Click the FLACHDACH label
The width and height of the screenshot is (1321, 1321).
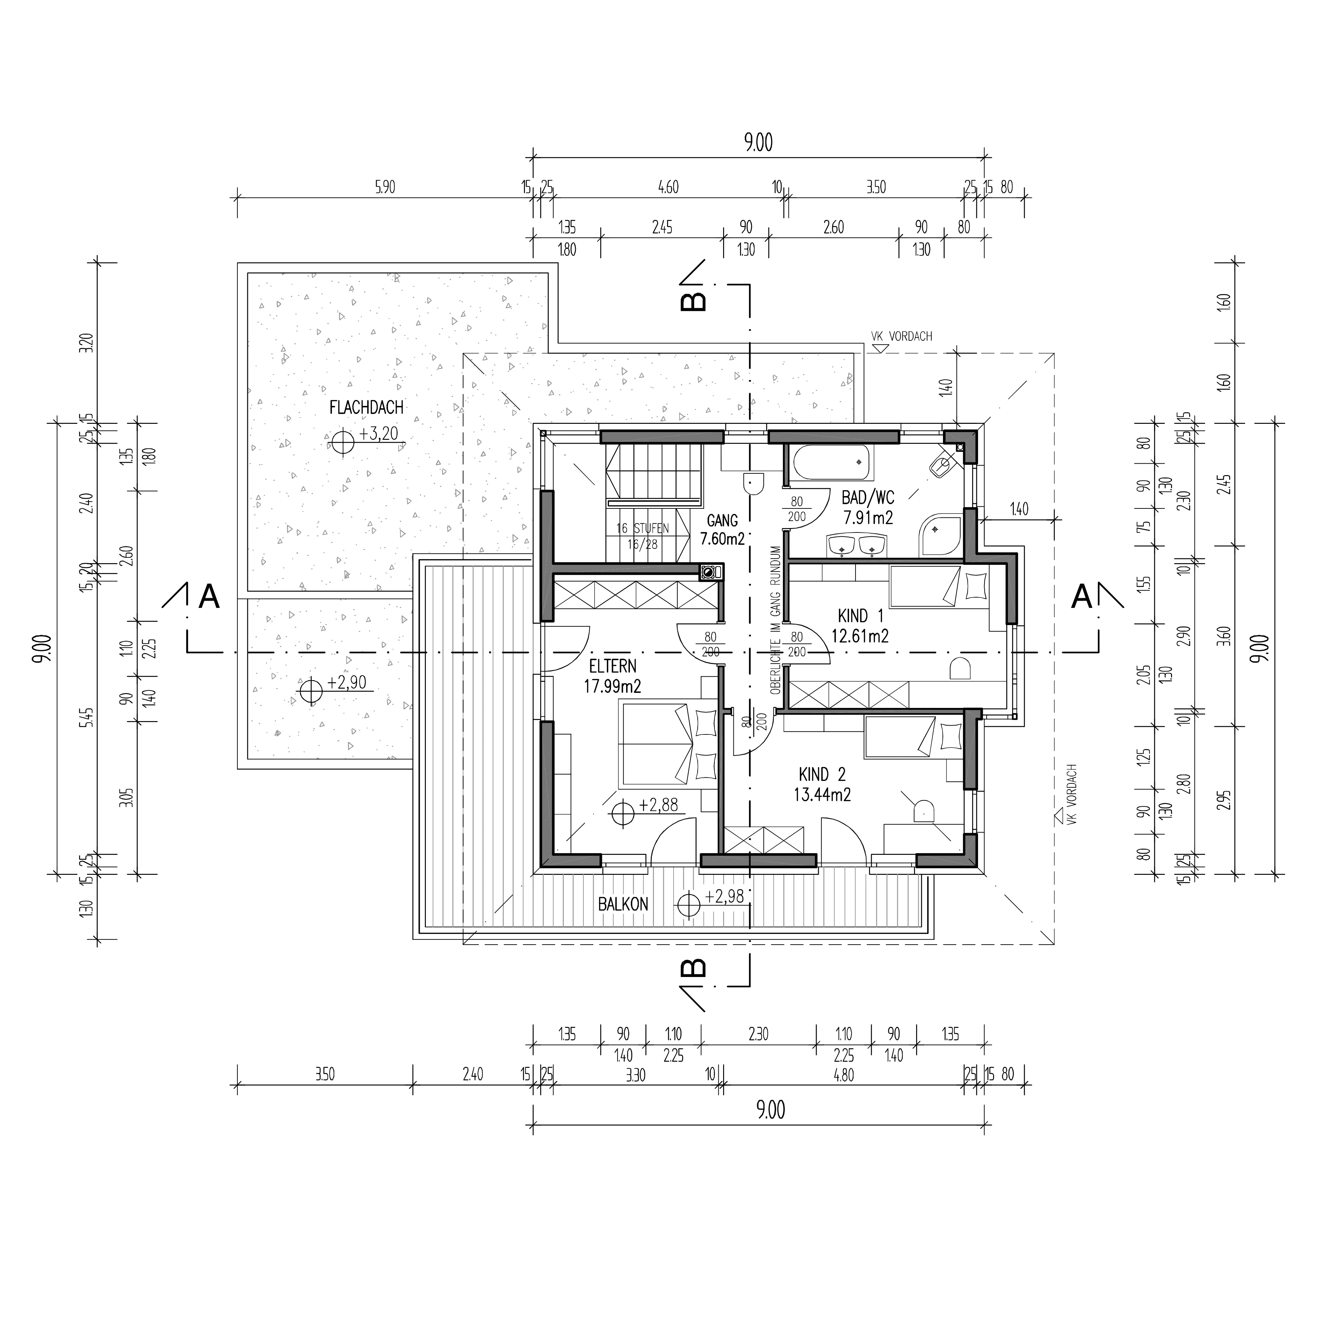(366, 408)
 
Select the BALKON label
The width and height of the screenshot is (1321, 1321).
(623, 904)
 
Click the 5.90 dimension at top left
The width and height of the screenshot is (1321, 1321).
(385, 187)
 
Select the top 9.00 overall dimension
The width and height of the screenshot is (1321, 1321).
(758, 143)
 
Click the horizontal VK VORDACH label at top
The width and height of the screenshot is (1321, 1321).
(901, 336)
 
